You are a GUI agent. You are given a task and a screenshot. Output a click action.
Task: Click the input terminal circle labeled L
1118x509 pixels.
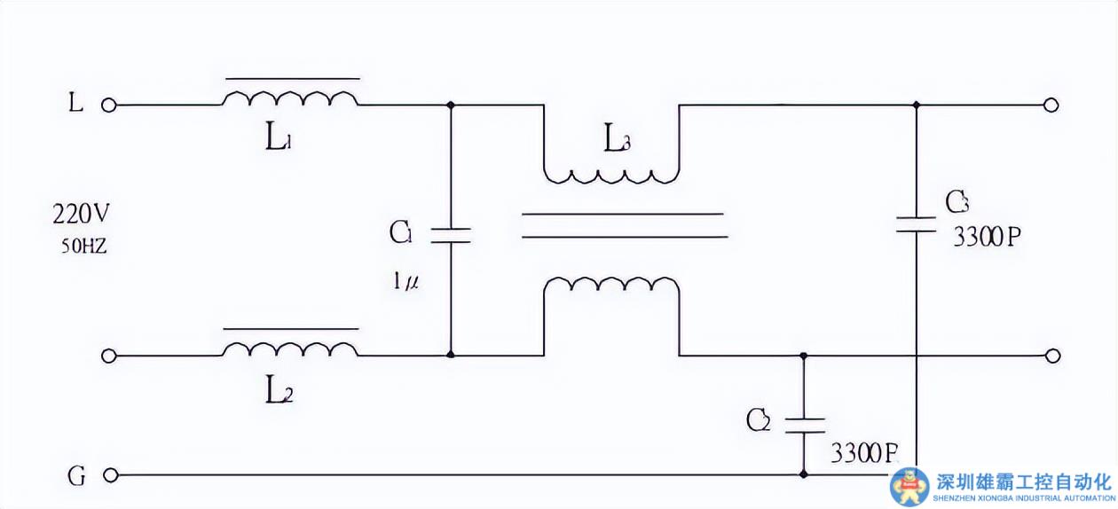pyautogui.click(x=109, y=105)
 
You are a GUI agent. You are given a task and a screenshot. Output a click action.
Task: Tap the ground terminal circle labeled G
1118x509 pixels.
pyautogui.click(x=109, y=475)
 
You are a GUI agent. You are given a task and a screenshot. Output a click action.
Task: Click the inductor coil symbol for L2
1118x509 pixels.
pyautogui.click(x=291, y=348)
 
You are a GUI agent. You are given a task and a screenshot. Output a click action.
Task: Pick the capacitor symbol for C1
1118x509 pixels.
pyautogui.click(x=451, y=235)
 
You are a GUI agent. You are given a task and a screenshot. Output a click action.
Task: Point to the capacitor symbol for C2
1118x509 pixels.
pyautogui.click(x=804, y=424)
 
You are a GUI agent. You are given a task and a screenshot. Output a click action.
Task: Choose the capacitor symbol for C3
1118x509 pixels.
pyautogui.click(x=916, y=223)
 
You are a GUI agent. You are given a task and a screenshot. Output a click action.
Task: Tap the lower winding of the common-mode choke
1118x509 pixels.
pyautogui.click(x=612, y=286)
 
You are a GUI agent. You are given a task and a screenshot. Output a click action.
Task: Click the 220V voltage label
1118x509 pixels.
pyautogui.click(x=82, y=215)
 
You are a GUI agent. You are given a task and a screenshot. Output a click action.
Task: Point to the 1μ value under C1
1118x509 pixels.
pyautogui.click(x=406, y=282)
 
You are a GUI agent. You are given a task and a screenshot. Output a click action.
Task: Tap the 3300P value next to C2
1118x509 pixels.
pyautogui.click(x=862, y=454)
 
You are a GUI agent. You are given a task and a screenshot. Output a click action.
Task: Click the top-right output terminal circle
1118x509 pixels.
pyautogui.click(x=1051, y=105)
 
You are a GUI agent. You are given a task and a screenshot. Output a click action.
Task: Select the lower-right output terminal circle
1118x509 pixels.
pyautogui.click(x=1051, y=356)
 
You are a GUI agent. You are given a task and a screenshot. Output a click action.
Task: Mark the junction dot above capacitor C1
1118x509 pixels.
pyautogui.click(x=451, y=105)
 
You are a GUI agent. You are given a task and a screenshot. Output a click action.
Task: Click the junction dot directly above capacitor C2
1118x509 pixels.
pyautogui.click(x=804, y=356)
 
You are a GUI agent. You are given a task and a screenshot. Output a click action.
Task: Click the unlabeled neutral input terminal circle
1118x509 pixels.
pyautogui.click(x=109, y=356)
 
